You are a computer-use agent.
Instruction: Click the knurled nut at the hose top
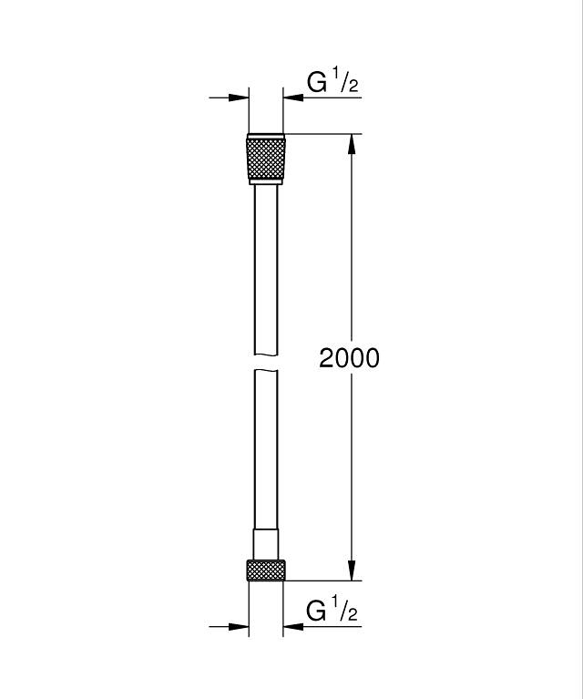pos(266,158)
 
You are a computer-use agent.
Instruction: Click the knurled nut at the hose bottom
pos(266,571)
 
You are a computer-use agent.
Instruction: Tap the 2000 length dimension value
pos(349,358)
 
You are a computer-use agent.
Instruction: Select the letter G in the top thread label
pos(317,83)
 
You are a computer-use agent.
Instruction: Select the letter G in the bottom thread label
pos(317,611)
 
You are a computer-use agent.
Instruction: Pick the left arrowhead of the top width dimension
pos(239,98)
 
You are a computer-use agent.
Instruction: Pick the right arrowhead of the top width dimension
pos(293,98)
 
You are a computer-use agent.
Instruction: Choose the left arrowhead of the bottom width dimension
pos(239,626)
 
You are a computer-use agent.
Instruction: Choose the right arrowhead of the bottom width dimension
pos(293,626)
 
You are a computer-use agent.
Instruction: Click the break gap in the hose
pos(266,362)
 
